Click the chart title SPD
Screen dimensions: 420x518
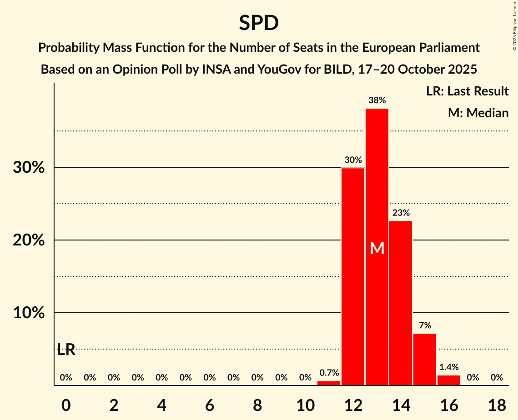point(259,23)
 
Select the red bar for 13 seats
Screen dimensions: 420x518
point(377,182)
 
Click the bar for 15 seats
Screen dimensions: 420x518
point(425,359)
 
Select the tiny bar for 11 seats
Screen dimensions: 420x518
point(329,383)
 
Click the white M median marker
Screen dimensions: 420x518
point(377,248)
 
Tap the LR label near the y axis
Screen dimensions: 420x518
point(66,350)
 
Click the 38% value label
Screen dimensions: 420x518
point(377,100)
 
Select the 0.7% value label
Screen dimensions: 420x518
point(329,373)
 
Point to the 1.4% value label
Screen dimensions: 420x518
point(449,367)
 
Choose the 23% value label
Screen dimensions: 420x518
point(401,213)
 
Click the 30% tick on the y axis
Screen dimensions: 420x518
point(29,168)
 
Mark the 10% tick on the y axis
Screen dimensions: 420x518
point(29,313)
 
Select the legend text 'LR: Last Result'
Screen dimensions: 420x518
point(467,91)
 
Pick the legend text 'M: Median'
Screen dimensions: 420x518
point(478,113)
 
